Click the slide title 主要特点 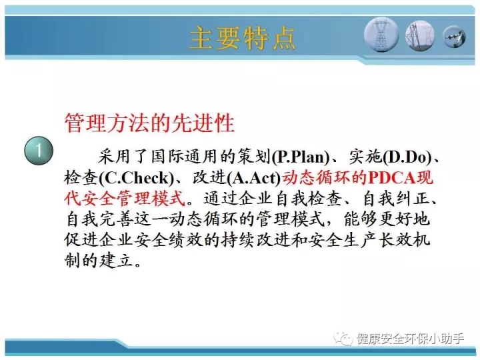pos(243,38)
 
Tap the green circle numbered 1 pos(39,151)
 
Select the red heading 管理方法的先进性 pos(150,123)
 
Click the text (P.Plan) pos(300,157)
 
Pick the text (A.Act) pos(254,178)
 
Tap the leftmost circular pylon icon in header pos(381,35)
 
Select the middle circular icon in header pos(420,35)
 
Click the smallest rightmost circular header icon pos(455,37)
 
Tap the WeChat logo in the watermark pos(343,339)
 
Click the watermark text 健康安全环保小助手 pos(410,339)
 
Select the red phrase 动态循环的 pos(325,178)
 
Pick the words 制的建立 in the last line pos(99,261)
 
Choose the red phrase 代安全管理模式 pos(125,199)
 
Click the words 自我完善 pos(99,219)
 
